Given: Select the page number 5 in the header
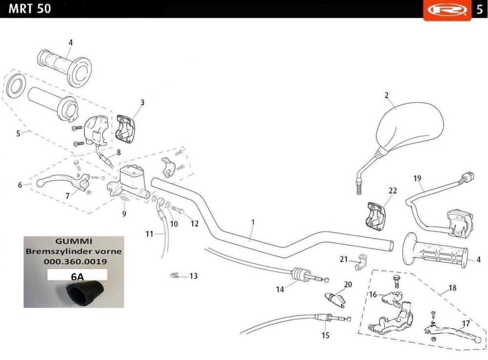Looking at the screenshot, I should (479, 9).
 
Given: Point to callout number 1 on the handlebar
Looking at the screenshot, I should (253, 222).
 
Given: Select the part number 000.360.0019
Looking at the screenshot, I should (74, 262).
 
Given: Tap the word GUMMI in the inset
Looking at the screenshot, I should (74, 241).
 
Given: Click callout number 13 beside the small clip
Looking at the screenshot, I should (193, 276).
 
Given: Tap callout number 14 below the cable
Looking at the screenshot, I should (280, 289).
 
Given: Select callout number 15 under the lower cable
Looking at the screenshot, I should (325, 335).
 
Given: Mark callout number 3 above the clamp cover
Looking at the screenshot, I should (142, 103).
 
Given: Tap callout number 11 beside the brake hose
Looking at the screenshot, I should (149, 234).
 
